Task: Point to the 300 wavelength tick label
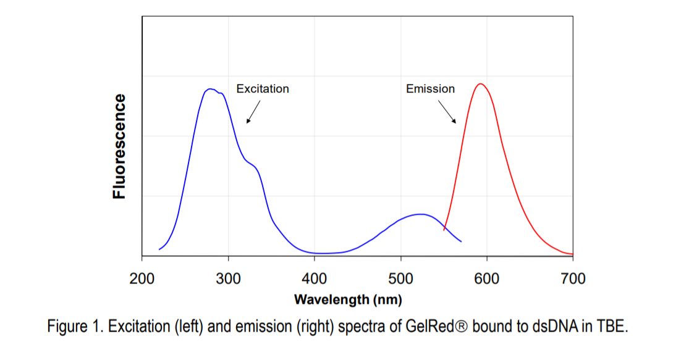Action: (228, 279)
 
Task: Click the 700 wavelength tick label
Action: (573, 279)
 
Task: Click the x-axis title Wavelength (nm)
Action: (348, 300)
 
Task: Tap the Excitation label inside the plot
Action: (263, 89)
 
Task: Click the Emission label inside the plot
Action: (430, 89)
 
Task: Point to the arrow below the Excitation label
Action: (253, 112)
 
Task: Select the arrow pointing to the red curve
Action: (447, 112)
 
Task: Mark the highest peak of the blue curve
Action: (211, 89)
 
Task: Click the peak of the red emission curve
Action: (480, 83)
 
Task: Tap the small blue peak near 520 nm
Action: (421, 214)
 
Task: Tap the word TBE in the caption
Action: (614, 327)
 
